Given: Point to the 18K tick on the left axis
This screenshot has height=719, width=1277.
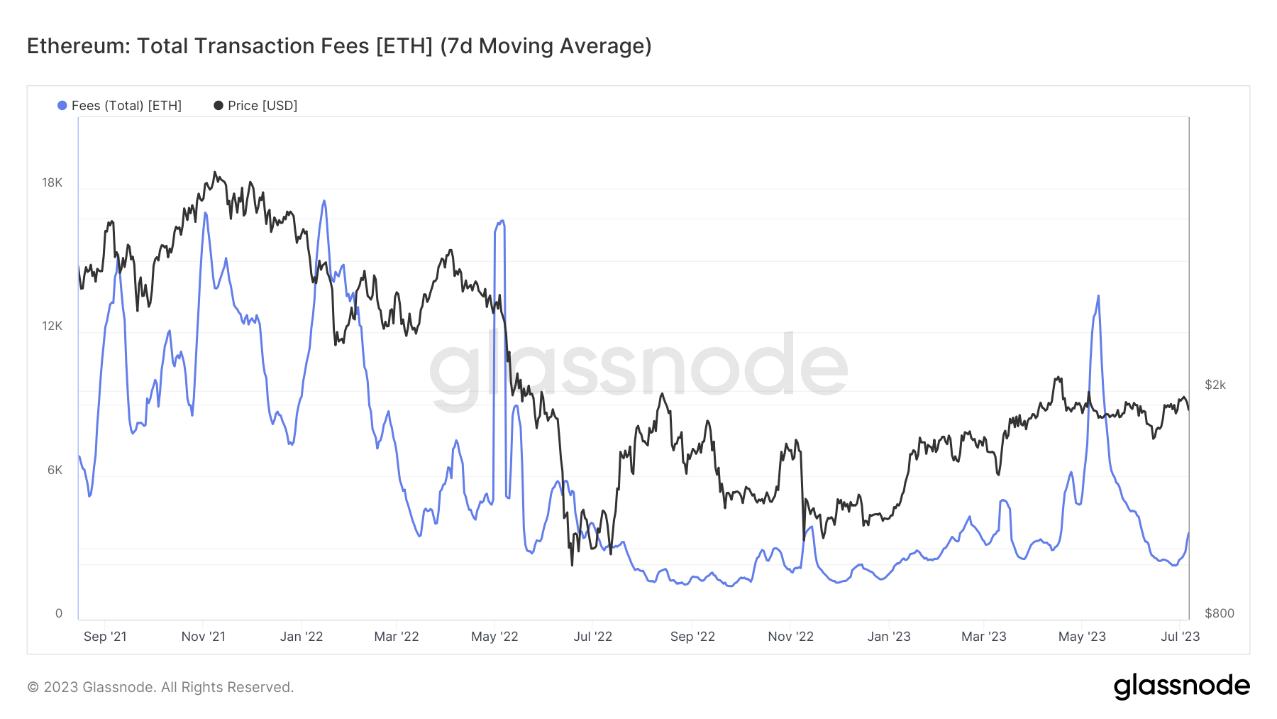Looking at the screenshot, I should click(x=52, y=183).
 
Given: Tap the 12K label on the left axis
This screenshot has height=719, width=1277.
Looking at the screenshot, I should click(x=52, y=326).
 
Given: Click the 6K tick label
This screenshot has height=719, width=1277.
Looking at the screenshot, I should click(x=55, y=470).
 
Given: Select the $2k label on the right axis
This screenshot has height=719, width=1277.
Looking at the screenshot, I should click(x=1215, y=385).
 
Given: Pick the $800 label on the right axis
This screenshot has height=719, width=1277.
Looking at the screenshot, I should click(x=1219, y=613).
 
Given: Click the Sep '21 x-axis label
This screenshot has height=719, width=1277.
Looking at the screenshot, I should click(x=105, y=637).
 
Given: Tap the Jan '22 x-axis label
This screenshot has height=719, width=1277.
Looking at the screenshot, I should click(x=302, y=637).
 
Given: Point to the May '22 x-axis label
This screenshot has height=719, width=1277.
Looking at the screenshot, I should click(x=494, y=637).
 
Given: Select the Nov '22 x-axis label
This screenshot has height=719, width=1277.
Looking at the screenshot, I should click(x=790, y=637).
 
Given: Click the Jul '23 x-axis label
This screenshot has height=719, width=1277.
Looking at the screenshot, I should click(x=1180, y=637).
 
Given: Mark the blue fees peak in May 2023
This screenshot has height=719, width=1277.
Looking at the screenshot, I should click(x=1098, y=297).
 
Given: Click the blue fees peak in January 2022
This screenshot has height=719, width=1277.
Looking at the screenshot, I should click(x=324, y=201).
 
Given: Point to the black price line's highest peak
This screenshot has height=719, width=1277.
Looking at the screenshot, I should click(x=215, y=172).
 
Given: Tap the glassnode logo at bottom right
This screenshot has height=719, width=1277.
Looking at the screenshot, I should click(x=1181, y=686).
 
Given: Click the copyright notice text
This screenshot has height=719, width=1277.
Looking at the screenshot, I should click(x=160, y=687).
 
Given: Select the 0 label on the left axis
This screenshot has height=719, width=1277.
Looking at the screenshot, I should click(x=59, y=613).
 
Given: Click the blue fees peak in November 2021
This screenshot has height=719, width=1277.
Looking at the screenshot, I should click(x=206, y=213).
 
